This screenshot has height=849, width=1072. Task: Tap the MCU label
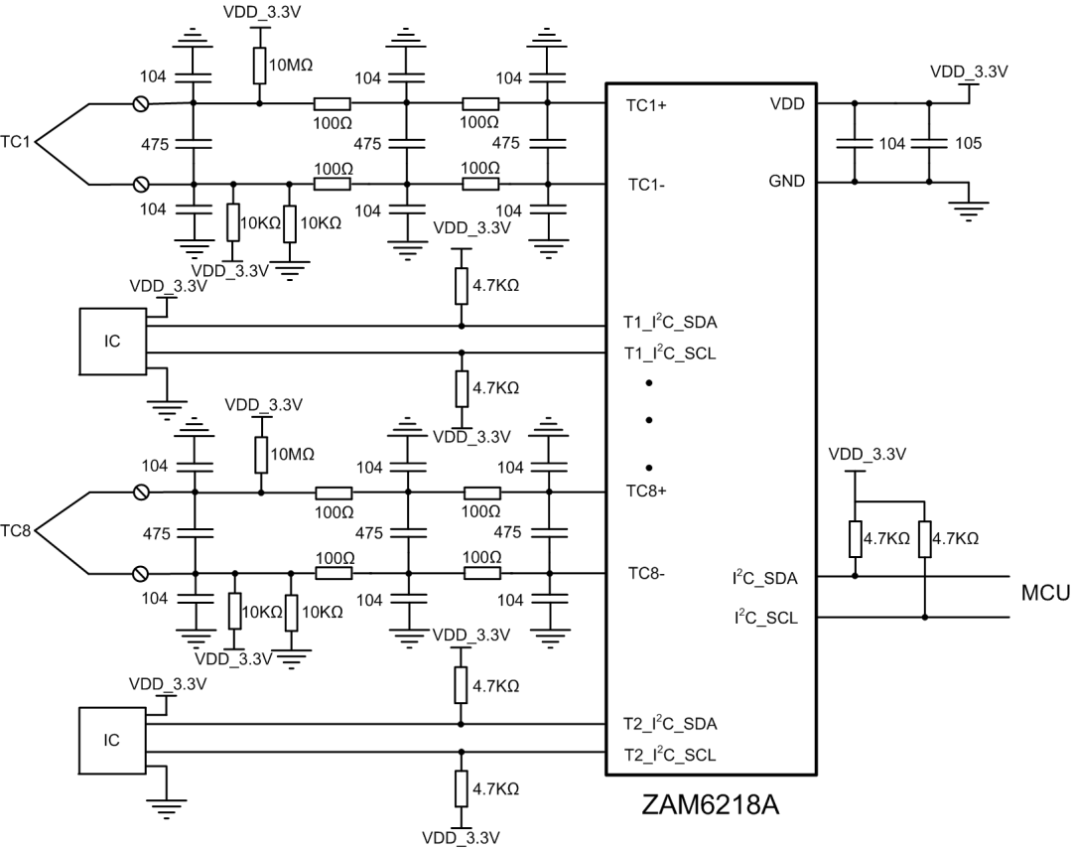coord(1045,594)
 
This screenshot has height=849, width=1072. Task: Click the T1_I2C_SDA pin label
coord(669,325)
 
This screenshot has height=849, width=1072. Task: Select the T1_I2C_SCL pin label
coord(669,354)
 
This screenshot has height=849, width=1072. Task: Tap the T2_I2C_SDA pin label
coord(669,724)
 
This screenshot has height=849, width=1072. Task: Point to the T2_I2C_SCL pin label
coord(669,756)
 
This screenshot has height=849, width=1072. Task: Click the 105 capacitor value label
coord(967,144)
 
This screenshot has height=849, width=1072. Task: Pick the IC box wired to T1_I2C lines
coord(112,341)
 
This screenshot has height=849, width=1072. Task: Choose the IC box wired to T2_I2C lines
coord(112,740)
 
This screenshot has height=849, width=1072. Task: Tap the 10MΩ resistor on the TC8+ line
coord(260,455)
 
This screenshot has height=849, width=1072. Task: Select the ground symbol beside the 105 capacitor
coord(969,209)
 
